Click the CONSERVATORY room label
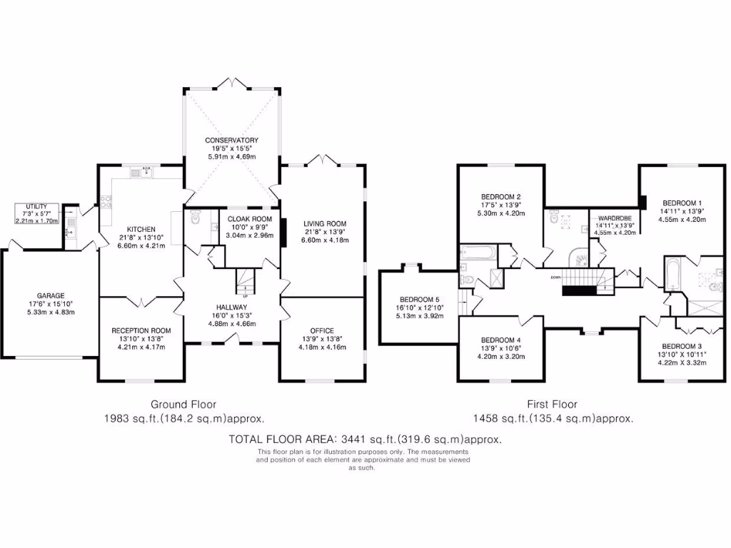click(231, 140)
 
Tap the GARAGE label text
click(51, 295)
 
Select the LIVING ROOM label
click(324, 223)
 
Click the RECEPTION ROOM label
click(141, 330)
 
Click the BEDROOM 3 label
click(673, 345)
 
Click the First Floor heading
click(552, 405)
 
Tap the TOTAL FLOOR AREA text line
click(365, 439)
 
